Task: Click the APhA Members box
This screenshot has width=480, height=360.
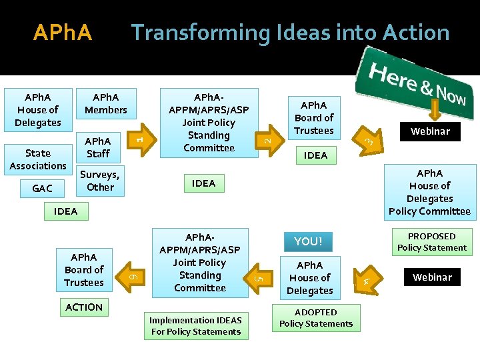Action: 106,103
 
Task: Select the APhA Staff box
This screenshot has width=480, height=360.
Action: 98,147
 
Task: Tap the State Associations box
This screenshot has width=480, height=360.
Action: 38,159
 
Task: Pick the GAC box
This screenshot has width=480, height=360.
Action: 42,189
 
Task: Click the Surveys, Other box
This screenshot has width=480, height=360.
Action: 100,181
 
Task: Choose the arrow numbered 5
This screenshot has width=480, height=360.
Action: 261,272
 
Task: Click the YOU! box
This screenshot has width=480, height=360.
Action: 308,241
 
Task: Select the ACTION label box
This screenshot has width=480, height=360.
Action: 84,307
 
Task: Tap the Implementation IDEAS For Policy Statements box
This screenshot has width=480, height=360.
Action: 196,326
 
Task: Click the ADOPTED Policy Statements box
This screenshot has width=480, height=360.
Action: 316,318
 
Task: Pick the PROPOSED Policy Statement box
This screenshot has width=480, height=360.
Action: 432,242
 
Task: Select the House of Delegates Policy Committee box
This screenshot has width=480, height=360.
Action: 429,192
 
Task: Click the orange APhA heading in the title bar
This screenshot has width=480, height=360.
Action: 62,33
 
